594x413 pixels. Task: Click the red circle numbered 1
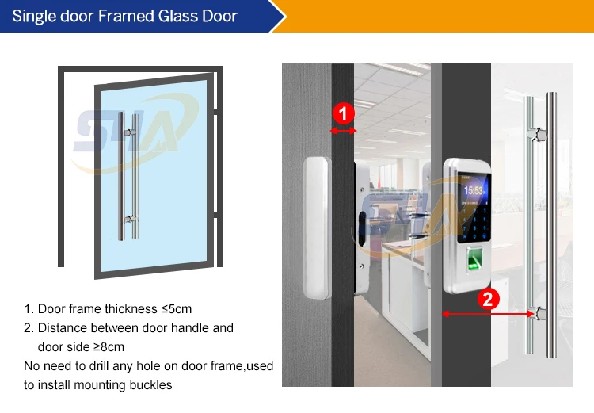(x=343, y=113)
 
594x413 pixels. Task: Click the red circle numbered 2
(x=488, y=300)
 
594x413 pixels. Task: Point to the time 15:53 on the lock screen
(x=474, y=190)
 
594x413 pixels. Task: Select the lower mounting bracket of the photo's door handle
(x=539, y=315)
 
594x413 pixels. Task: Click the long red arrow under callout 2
(x=488, y=314)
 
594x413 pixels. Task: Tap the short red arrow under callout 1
(x=343, y=131)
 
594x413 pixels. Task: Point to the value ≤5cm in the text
(x=175, y=309)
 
